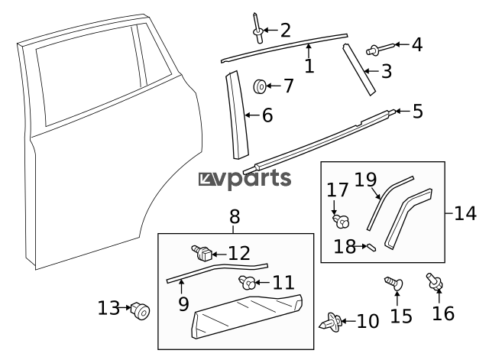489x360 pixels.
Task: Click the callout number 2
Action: coord(286,31)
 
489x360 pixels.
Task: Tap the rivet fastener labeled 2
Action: coord(257,26)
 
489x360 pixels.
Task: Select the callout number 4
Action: coord(416,44)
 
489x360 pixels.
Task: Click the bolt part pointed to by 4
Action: coord(378,50)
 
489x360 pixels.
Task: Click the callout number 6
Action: coord(267,115)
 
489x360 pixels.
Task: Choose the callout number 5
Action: coord(416,112)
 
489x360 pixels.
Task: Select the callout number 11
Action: coord(283,283)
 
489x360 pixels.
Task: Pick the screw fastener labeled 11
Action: coord(248,283)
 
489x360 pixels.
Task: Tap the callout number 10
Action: coord(368,321)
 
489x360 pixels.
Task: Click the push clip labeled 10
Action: coord(331,322)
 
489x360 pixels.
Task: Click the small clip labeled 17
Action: coord(340,222)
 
